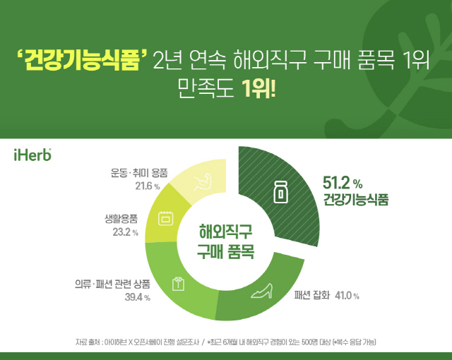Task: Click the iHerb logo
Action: pyautogui.click(x=32, y=155)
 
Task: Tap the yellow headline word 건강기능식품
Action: pyautogui.click(x=83, y=59)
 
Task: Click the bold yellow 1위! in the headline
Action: pyautogui.click(x=258, y=88)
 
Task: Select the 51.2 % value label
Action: pyautogui.click(x=343, y=183)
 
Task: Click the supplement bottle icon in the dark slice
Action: pyautogui.click(x=280, y=193)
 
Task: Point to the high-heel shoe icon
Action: pyautogui.click(x=262, y=291)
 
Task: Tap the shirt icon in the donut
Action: pyautogui.click(x=178, y=284)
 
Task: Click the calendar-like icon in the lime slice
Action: pyautogui.click(x=166, y=218)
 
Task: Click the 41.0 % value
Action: pyautogui.click(x=347, y=296)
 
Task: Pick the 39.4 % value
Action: pyautogui.click(x=138, y=297)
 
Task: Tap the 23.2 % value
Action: pyautogui.click(x=126, y=232)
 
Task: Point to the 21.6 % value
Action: pyautogui.click(x=148, y=186)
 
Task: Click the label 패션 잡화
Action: pyautogui.click(x=311, y=296)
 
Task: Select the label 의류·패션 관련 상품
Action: pyautogui.click(x=112, y=284)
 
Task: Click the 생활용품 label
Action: pyautogui.click(x=121, y=219)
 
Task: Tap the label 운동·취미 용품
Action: pyautogui.click(x=139, y=173)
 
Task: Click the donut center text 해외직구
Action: pyautogui.click(x=225, y=232)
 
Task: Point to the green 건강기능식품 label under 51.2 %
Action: pyautogui.click(x=356, y=199)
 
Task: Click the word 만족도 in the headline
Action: pyautogui.click(x=206, y=88)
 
